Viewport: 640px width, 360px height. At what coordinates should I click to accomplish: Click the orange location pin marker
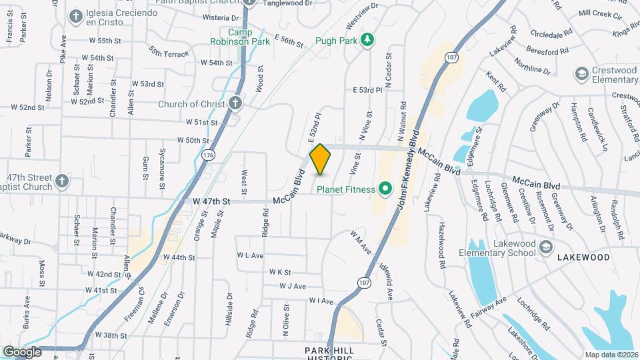tap(321, 159)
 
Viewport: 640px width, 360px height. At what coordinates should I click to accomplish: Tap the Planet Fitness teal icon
tap(385, 189)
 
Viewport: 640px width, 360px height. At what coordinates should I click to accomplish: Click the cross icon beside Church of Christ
tap(234, 104)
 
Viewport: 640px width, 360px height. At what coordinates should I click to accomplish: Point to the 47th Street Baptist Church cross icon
tap(62, 181)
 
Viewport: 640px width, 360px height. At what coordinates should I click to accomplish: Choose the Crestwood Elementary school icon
tap(581, 73)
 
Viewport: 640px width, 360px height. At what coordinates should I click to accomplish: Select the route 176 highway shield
tap(208, 155)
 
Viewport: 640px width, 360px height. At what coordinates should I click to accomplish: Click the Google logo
tap(22, 351)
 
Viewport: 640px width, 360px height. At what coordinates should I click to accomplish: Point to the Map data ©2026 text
tap(611, 354)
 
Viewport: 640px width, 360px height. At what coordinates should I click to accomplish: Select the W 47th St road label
tap(211, 201)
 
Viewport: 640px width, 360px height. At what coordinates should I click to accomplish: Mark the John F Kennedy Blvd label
tap(409, 168)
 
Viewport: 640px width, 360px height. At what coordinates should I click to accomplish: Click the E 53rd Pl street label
tap(367, 89)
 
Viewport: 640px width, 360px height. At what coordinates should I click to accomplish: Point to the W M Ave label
tap(360, 241)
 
